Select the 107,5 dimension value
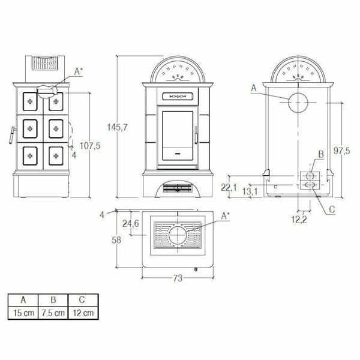click(x=89, y=145)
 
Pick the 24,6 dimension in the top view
click(x=130, y=224)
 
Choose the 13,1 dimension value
click(x=251, y=191)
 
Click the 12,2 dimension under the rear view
click(x=300, y=220)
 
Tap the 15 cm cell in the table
click(x=22, y=313)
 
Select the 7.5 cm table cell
click(x=53, y=313)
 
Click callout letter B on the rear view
click(x=320, y=154)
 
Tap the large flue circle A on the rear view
click(x=297, y=103)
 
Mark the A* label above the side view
click(x=78, y=71)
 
